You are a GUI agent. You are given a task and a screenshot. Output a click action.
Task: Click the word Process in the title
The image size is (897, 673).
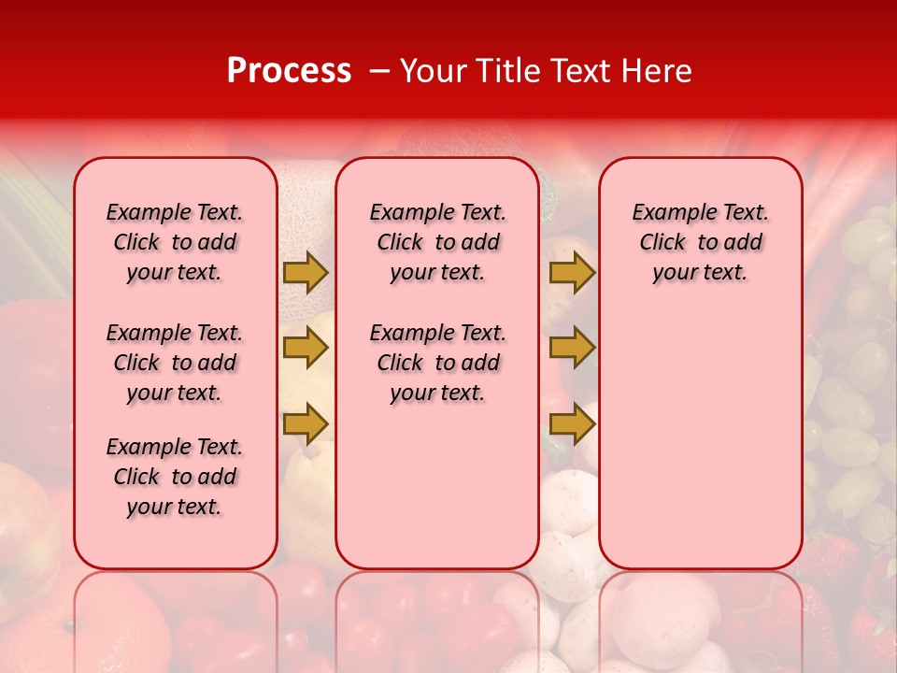(x=289, y=71)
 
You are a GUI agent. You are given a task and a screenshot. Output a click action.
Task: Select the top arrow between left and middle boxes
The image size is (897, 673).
(x=306, y=273)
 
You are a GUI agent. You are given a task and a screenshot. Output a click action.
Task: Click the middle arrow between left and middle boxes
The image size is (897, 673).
(x=306, y=348)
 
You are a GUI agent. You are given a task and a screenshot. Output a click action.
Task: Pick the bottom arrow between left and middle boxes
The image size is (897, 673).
(x=306, y=423)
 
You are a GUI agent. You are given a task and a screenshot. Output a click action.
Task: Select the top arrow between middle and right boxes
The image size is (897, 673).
(x=572, y=273)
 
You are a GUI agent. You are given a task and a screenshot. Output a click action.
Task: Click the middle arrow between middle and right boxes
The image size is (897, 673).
(x=572, y=348)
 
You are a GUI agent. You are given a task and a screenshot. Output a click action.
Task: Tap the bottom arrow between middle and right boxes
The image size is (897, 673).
(x=572, y=423)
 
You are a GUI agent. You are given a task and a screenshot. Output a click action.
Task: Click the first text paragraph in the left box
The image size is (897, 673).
(x=175, y=242)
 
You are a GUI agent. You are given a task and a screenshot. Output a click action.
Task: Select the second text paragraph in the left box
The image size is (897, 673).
(x=175, y=363)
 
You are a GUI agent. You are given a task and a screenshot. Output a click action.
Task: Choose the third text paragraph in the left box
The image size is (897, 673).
(x=175, y=477)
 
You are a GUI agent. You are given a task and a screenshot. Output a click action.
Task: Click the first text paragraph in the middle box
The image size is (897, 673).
(x=438, y=242)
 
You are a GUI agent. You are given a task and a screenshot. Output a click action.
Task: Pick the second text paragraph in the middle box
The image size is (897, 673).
(x=438, y=363)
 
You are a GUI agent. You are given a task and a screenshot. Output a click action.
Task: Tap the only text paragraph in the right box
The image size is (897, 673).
(x=701, y=242)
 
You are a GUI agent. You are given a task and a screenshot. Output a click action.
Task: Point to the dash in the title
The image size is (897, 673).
(x=379, y=71)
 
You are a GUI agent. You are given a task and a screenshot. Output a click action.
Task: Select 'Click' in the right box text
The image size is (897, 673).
(x=662, y=243)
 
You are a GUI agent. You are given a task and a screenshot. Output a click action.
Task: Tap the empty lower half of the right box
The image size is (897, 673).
(x=701, y=449)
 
